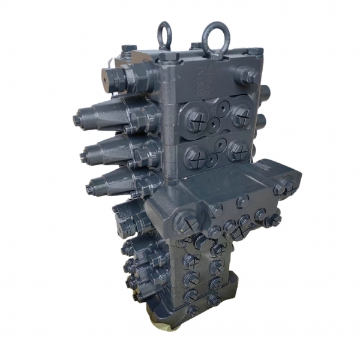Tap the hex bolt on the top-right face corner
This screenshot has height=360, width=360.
click(247, 75)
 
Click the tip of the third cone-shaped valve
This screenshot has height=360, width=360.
click(84, 157)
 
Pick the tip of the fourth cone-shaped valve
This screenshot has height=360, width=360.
click(90, 188)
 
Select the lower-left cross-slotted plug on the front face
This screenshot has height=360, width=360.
click(195, 157)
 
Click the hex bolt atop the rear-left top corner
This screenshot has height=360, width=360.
click(129, 49)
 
